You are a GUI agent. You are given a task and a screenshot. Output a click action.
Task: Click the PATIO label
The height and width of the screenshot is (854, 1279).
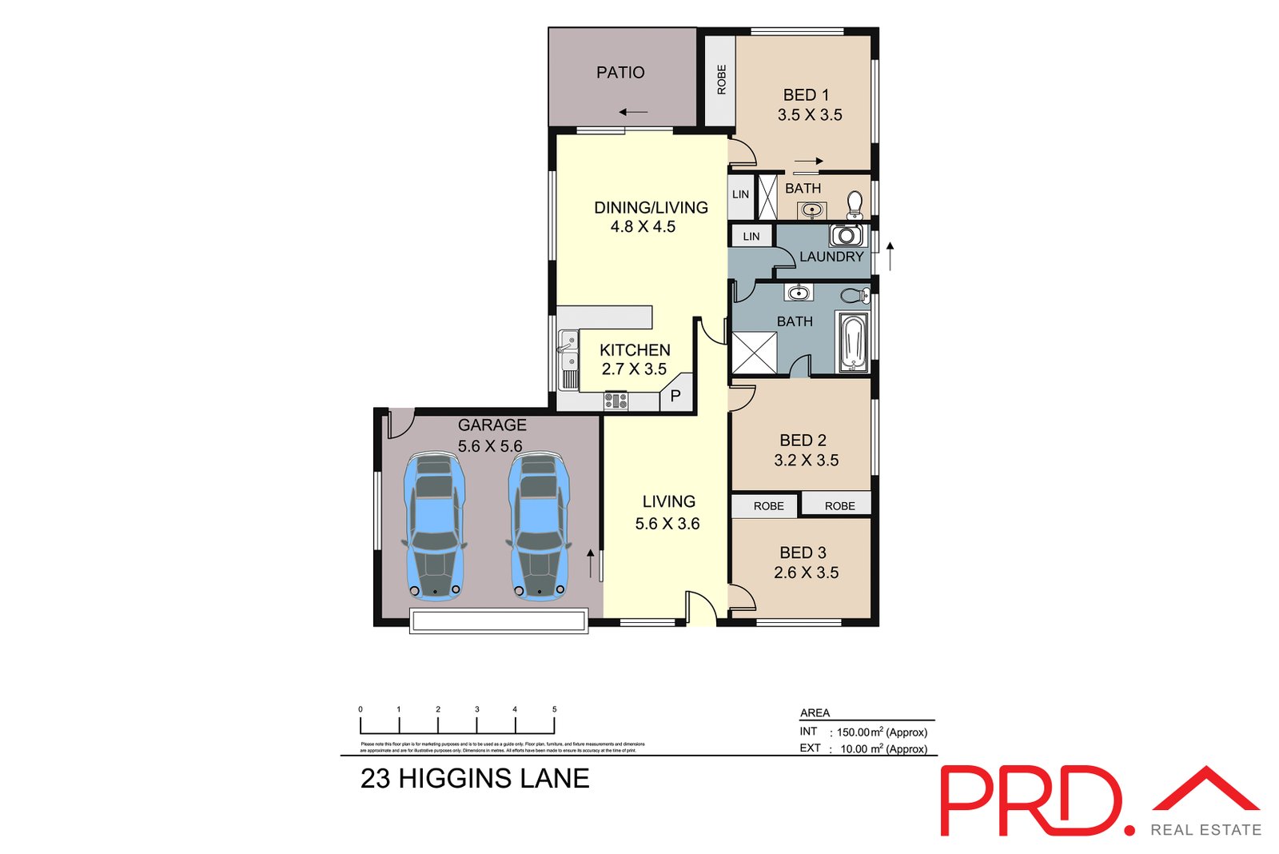tap(620, 73)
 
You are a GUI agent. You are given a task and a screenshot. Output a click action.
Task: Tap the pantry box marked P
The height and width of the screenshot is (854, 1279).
tap(675, 395)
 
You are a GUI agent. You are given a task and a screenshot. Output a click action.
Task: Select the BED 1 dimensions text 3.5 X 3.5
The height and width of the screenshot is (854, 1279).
tap(810, 115)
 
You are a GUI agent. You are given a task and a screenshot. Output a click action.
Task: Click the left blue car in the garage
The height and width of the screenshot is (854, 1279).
tap(434, 526)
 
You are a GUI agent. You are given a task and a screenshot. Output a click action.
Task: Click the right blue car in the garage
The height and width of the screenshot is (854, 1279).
tap(539, 526)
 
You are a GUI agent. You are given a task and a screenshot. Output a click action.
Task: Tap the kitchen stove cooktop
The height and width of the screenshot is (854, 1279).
tap(616, 401)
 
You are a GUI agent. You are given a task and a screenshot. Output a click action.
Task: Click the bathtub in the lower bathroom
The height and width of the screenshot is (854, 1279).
tap(853, 342)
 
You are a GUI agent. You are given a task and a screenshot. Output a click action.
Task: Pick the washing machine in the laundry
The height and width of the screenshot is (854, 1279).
tap(846, 235)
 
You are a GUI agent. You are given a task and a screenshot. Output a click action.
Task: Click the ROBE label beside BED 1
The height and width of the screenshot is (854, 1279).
tap(721, 80)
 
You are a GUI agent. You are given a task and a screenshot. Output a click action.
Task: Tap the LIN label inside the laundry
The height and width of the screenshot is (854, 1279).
tap(751, 237)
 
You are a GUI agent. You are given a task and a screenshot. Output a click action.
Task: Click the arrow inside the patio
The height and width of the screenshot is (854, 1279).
tap(633, 112)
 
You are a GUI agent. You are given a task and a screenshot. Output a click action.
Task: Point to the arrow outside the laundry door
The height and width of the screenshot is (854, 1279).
tap(890, 256)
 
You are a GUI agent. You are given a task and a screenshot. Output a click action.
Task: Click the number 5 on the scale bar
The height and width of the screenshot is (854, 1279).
tap(554, 709)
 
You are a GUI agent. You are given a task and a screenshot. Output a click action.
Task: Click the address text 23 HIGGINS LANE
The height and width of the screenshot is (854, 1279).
tap(475, 778)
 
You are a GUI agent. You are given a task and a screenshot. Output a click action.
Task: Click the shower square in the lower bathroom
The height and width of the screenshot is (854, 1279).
tap(754, 353)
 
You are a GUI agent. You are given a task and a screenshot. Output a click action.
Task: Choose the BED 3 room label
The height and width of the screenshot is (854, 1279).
tap(803, 553)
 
